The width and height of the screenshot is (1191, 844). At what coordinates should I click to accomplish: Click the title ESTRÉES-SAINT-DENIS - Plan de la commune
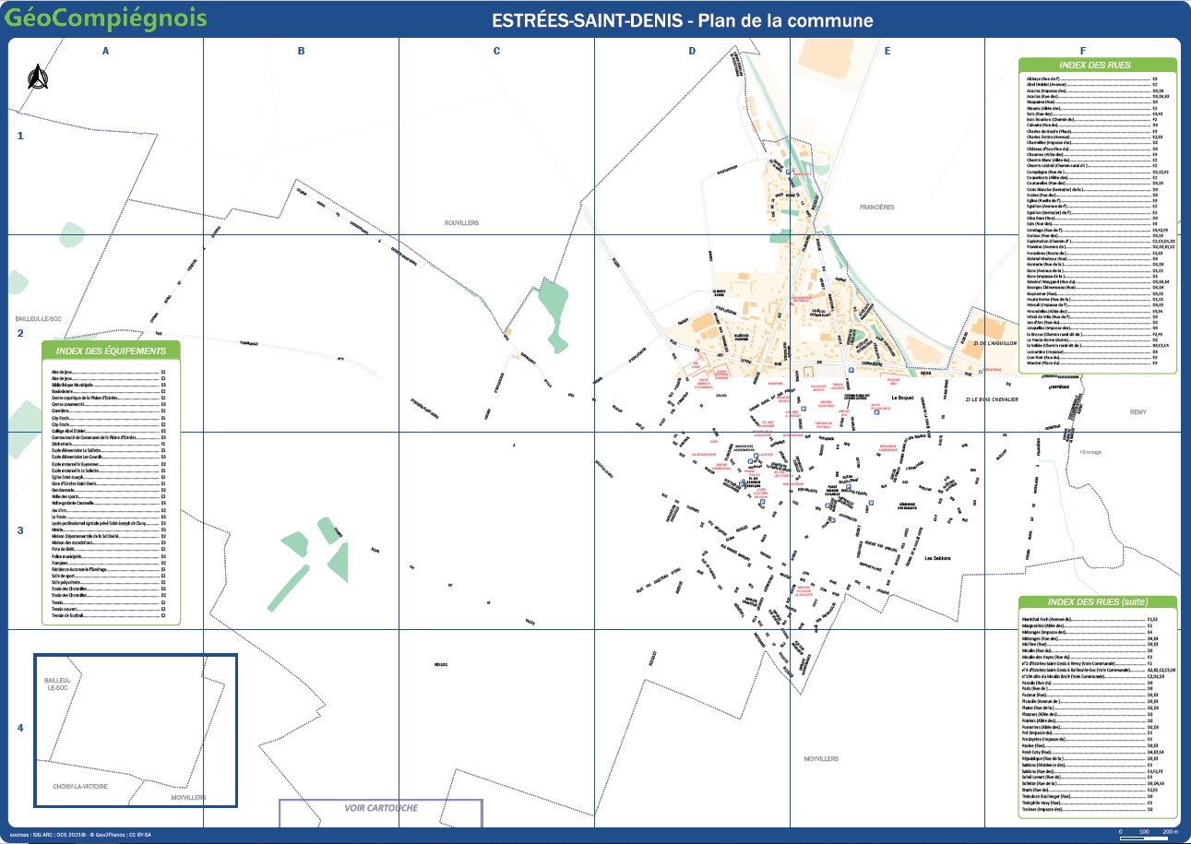coord(683,20)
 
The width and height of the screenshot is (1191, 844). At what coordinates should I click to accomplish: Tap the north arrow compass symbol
coord(37,78)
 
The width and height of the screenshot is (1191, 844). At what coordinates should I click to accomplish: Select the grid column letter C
coord(496,52)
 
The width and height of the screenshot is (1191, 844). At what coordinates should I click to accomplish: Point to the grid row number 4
coord(20,729)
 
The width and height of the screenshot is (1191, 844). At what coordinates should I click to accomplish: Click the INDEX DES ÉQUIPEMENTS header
coord(111,351)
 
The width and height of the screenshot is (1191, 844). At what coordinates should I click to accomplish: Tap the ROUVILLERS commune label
coord(462,223)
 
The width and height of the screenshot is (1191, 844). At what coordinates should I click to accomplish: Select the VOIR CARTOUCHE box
coord(380,808)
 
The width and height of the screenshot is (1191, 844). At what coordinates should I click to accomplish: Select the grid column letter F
coord(1082,52)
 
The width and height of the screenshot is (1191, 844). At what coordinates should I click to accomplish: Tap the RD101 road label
coord(440,664)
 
